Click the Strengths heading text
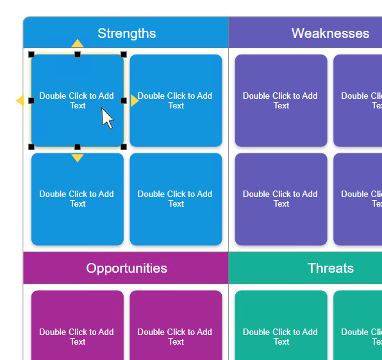[x=126, y=33]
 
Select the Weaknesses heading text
[x=330, y=33]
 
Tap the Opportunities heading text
[x=126, y=268]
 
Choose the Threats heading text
[x=330, y=268]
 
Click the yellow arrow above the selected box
[x=78, y=44]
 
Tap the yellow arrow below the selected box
[x=78, y=158]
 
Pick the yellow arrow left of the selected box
[x=20, y=101]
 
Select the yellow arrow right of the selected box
[x=135, y=101]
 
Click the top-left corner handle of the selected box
[x=31, y=55]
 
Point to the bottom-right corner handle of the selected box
[x=124, y=147]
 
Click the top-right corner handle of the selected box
[x=124, y=55]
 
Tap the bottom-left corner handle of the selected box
[x=31, y=147]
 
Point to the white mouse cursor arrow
[x=107, y=118]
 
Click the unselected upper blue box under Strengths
[x=176, y=101]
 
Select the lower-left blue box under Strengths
[x=78, y=199]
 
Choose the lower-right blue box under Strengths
[x=176, y=199]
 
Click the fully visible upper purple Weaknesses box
[x=281, y=101]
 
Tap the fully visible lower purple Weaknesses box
[x=281, y=199]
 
